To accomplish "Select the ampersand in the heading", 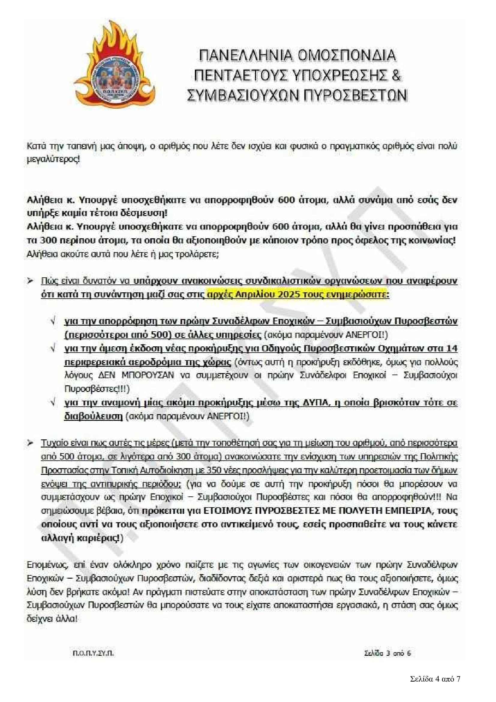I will pos(396,75).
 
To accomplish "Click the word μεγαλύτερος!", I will pos(53,160).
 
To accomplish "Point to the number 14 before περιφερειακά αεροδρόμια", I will pos(452,348).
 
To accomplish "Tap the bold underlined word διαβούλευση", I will pos(93,416).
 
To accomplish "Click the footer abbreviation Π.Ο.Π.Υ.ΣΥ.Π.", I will pos(93,653).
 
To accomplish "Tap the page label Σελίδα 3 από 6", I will pos(387,653).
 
